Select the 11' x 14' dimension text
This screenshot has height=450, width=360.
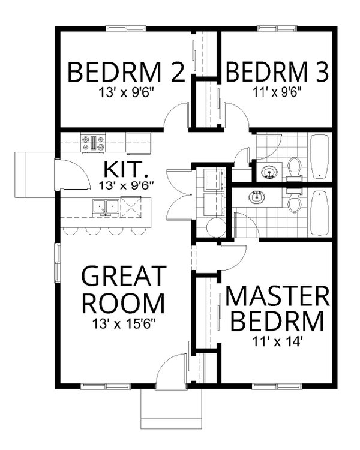click(x=277, y=344)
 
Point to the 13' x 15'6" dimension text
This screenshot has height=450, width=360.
click(x=123, y=325)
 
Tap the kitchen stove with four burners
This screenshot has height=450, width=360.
click(x=93, y=143)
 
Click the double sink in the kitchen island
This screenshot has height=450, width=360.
click(x=105, y=207)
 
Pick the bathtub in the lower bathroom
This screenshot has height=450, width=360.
click(x=319, y=213)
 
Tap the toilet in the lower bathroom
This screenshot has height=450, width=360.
click(x=294, y=200)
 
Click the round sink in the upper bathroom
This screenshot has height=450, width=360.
click(x=268, y=173)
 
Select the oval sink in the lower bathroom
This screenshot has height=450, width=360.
click(x=259, y=196)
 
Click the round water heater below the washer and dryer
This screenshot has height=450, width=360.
click(x=215, y=229)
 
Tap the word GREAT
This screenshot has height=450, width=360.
click(x=123, y=277)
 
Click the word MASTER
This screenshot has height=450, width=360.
click(x=277, y=298)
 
